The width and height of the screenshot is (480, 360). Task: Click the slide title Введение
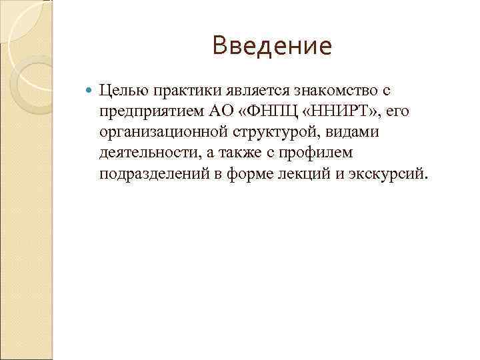pos(271,47)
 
